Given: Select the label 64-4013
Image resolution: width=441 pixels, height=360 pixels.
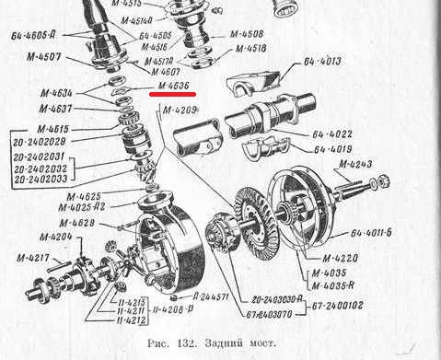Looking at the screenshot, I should click(x=322, y=63).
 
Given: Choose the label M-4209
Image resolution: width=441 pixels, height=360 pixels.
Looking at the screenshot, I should click(x=180, y=111).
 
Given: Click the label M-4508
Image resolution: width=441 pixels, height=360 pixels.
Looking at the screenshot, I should click(x=246, y=34).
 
